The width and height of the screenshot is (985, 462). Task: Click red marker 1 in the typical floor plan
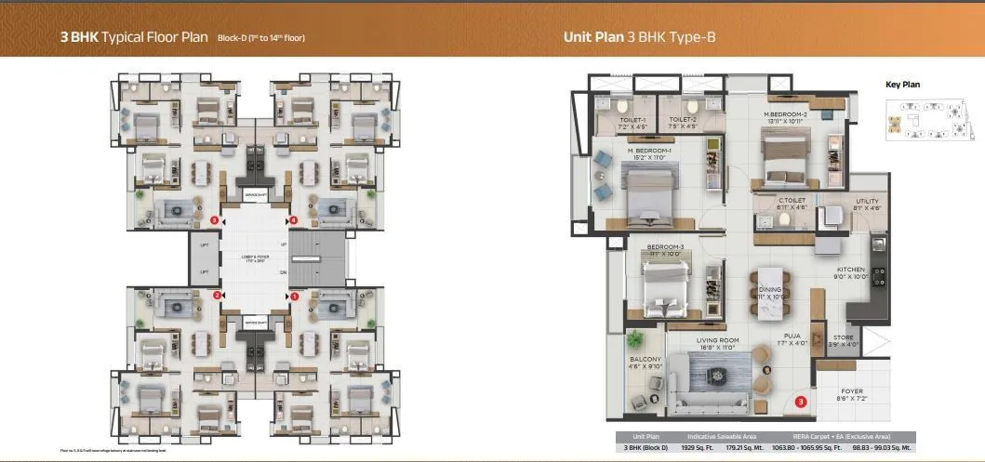[x=294, y=296]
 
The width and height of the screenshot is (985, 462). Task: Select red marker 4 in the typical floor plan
[x=294, y=220]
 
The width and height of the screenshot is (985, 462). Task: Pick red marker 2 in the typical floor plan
[x=216, y=296]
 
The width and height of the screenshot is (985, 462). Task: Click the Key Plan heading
[x=902, y=85]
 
